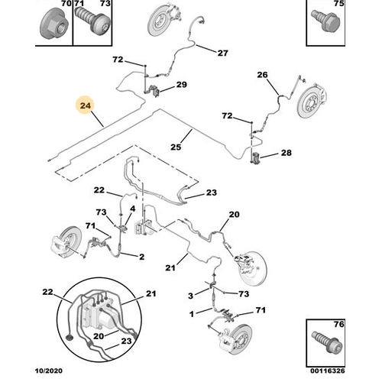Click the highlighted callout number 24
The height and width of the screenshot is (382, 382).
[x=86, y=105]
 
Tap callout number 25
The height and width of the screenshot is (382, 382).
[x=176, y=147]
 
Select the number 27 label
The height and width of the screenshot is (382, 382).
[x=222, y=53]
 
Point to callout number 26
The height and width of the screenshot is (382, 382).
[x=262, y=75]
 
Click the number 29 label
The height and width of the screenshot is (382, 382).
[x=182, y=84]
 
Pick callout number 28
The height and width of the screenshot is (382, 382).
[x=286, y=153]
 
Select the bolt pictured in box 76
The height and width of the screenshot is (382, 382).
[x=328, y=342]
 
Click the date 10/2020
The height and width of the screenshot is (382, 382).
[x=48, y=371]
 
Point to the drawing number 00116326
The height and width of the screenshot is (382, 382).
[x=328, y=371]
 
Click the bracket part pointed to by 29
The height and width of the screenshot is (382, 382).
[x=154, y=91]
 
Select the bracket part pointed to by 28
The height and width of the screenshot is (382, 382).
[x=255, y=158]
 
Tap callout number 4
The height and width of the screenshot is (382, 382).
[x=133, y=209]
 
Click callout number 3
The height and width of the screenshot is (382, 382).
[x=190, y=296]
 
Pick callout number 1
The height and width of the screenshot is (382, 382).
[x=192, y=314]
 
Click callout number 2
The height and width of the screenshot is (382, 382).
[x=141, y=257]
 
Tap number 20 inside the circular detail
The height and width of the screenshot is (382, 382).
[x=99, y=336]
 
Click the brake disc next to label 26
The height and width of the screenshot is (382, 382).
[x=312, y=102]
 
